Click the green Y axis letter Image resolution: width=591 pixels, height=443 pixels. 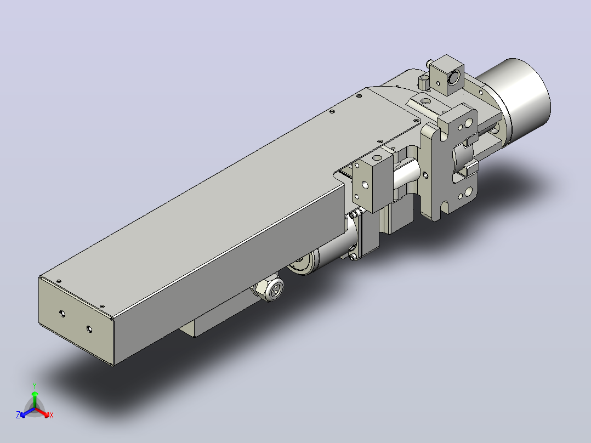35,385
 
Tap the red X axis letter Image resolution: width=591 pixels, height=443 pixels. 52,415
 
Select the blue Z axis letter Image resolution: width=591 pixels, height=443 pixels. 18,415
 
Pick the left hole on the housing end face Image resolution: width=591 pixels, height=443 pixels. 62,313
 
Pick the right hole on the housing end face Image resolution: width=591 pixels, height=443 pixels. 89,329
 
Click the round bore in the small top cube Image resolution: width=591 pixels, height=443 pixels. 454,77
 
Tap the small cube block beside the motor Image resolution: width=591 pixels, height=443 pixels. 447,75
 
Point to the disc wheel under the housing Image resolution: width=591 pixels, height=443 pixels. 303,263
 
